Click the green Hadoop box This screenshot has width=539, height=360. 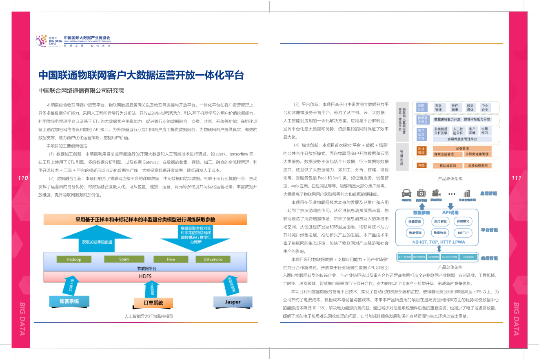74,259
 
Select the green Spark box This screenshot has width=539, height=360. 124,259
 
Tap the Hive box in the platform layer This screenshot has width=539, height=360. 171,259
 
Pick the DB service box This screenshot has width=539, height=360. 213,259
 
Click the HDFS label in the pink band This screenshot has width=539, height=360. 145,276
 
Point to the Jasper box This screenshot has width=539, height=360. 233,302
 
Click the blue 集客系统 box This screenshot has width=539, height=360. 69,301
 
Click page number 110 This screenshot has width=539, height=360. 23,178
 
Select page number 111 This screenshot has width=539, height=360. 516,178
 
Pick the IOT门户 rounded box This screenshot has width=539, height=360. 463,233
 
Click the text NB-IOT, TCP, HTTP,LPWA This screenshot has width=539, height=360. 439,242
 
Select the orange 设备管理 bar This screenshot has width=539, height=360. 462,148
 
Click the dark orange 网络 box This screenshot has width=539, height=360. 421,165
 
